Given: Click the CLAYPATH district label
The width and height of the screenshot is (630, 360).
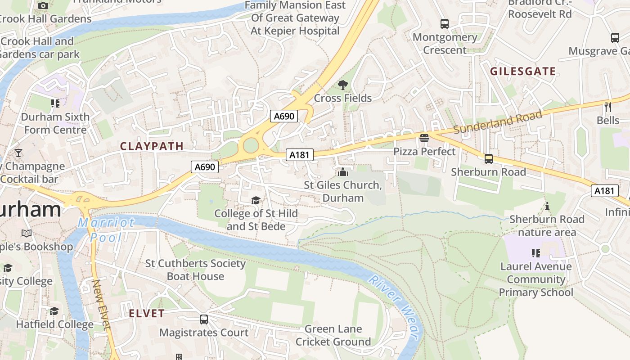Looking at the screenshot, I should tap(152, 146).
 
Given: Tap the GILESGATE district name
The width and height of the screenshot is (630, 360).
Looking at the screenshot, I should tap(522, 72).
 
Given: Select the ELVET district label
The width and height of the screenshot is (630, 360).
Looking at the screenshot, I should tap(147, 314).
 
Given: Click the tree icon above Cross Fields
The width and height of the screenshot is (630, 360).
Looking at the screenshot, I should tap(343, 85).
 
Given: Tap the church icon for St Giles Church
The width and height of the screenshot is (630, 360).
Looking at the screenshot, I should tap(343, 172).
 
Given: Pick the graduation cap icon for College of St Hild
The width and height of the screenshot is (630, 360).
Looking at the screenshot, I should tap(256, 200).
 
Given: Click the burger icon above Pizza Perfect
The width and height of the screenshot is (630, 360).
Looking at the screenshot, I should tap(424, 138).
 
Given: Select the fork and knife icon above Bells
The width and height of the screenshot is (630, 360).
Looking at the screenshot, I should tap(608, 107).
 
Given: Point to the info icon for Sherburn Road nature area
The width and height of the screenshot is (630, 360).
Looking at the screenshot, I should tap(547, 206).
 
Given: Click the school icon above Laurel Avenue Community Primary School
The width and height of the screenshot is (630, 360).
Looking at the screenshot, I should tap(535, 253).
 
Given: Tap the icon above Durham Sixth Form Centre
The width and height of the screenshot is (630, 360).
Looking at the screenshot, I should tap(55, 103).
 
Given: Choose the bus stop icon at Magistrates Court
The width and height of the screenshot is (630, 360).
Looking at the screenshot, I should tap(204, 319).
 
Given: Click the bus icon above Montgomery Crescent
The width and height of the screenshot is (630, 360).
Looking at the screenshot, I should tap(445, 24).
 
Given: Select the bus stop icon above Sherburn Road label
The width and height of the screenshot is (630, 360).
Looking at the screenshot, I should tap(488, 159).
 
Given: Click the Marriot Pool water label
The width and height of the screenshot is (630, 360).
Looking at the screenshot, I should tap(106, 229).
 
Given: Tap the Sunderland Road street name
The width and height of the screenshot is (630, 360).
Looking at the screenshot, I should tap(497, 122).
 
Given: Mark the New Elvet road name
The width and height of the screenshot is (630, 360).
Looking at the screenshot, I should tap(101, 305).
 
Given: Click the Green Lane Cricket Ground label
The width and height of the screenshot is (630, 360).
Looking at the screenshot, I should tap(333, 335).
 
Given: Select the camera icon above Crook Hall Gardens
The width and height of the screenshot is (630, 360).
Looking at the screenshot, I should tap(43, 5).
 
